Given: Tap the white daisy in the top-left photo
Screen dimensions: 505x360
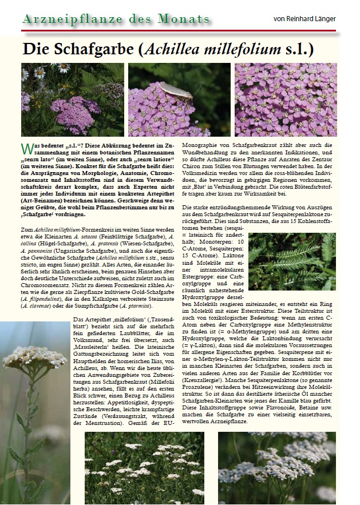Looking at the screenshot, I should point(38,72).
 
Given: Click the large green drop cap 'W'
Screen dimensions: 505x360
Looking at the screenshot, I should point(26,149).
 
